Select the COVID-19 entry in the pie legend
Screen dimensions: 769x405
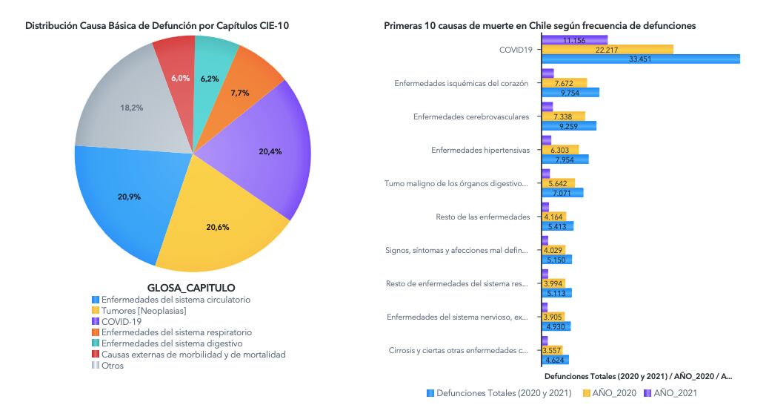(117, 321)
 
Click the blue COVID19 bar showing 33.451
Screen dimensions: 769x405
(641, 59)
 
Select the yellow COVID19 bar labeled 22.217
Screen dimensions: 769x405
(607, 50)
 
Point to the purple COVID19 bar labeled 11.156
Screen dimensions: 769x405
(574, 40)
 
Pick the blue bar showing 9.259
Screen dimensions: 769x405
(569, 126)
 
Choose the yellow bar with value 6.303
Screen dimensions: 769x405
(560, 151)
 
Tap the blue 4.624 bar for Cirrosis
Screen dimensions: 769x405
(555, 360)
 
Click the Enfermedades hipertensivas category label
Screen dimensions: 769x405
(480, 151)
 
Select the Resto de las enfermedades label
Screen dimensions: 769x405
(482, 217)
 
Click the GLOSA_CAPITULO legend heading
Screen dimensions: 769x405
(191, 288)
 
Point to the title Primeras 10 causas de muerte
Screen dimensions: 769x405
(539, 26)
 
